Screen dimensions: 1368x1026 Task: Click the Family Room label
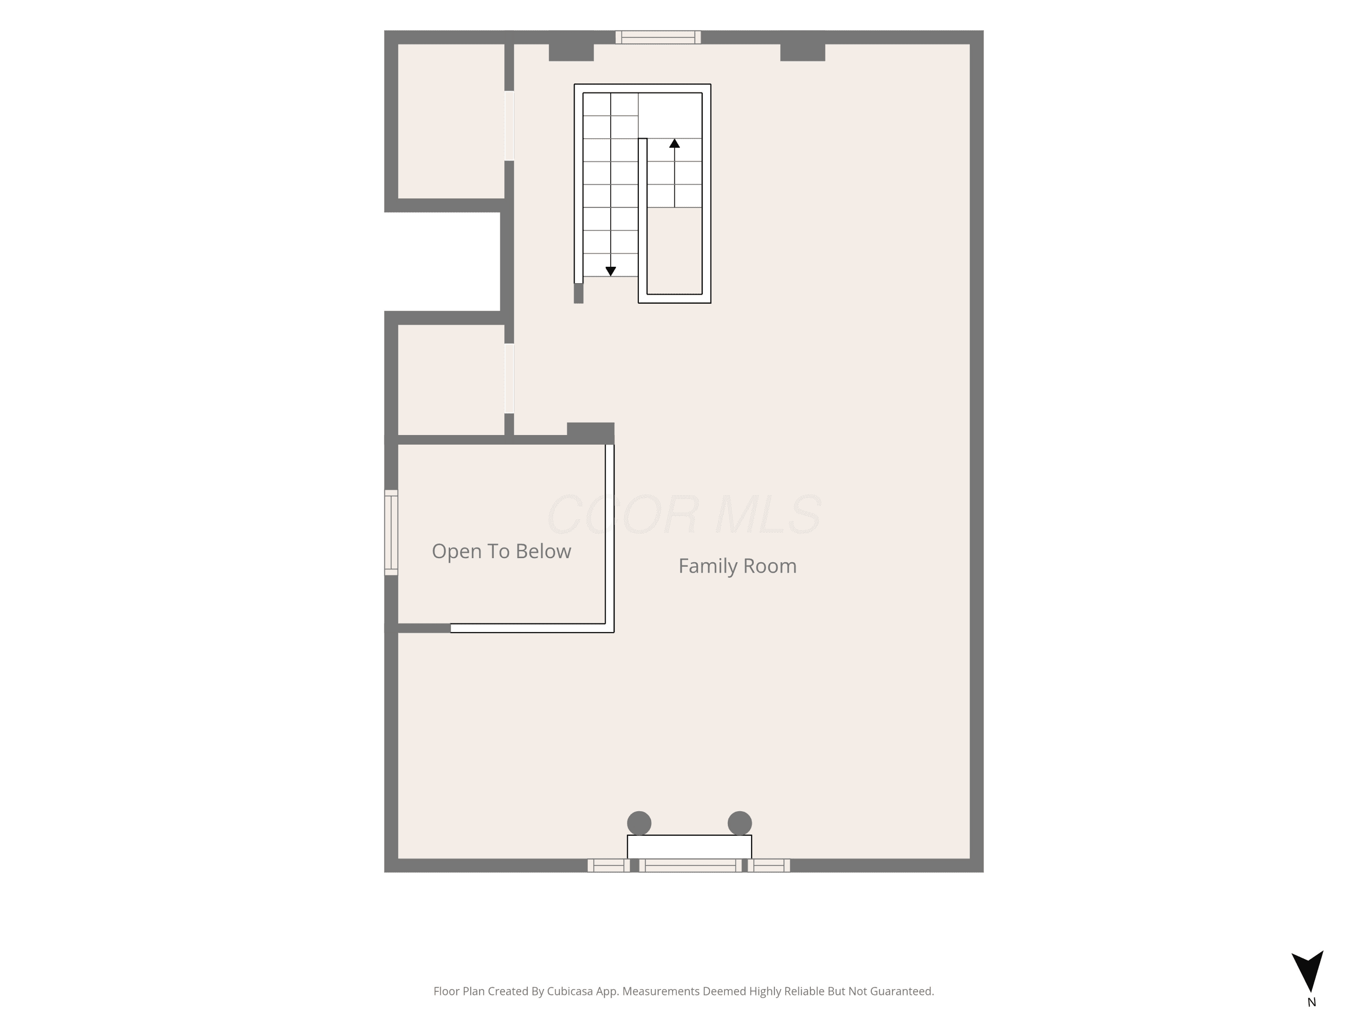click(737, 566)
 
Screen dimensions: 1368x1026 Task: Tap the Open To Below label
click(501, 551)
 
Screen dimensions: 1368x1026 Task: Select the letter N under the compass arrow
click(1311, 1002)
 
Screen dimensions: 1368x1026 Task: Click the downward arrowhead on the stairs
click(611, 271)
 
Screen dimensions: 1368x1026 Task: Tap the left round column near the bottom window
click(639, 823)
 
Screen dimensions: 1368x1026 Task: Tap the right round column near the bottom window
click(740, 823)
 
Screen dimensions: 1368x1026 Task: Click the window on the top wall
click(658, 37)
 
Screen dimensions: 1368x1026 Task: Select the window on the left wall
click(391, 533)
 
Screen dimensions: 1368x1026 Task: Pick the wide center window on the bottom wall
click(690, 865)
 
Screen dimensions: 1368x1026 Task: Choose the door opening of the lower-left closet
click(509, 378)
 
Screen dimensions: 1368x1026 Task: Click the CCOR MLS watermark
click(684, 514)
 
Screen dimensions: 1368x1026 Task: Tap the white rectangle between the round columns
click(689, 847)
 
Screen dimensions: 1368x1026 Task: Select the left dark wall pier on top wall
click(571, 52)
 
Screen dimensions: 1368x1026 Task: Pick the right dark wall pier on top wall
click(803, 52)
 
